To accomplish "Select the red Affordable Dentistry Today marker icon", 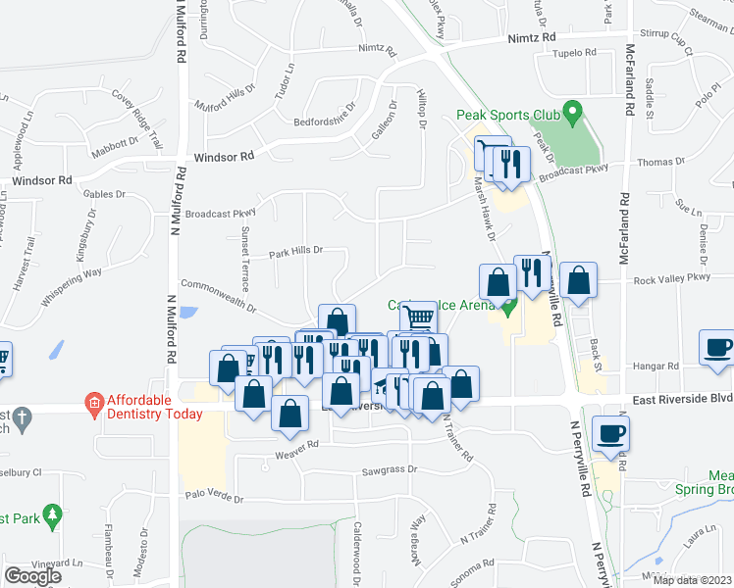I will (x=93, y=403).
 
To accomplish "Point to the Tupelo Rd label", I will (x=575, y=53).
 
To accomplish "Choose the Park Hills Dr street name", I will (x=296, y=251).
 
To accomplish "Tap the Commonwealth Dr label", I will (x=218, y=296).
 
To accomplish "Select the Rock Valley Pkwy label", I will (x=671, y=278).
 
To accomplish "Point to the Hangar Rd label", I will (x=659, y=366).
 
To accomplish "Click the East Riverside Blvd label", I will (x=681, y=398).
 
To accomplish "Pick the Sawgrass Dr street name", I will (x=390, y=469).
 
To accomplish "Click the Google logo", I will (x=33, y=576).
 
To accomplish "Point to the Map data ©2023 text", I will (x=692, y=580).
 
